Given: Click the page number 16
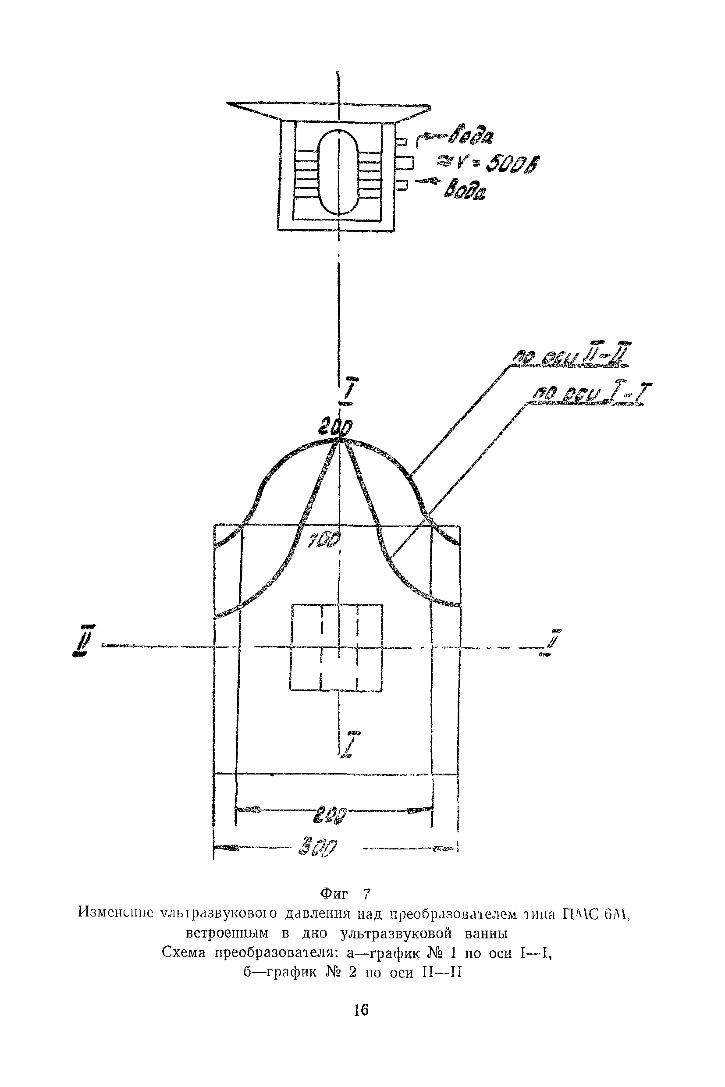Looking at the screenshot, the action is coord(361,1010).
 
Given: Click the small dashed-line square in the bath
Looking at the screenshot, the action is coord(336,647).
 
